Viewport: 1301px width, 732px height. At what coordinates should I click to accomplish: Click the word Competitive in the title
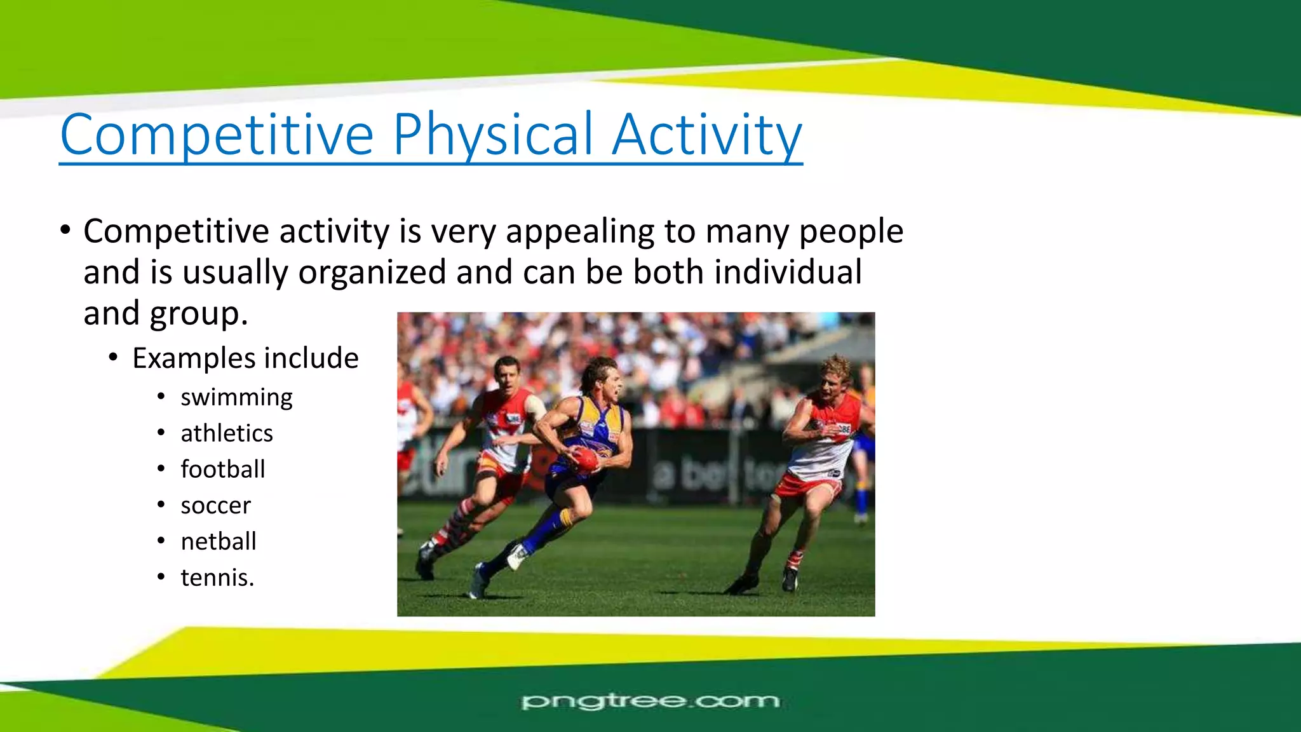[217, 135]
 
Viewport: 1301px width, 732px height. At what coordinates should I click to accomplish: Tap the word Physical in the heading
[493, 135]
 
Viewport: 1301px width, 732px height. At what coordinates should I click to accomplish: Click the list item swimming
[236, 398]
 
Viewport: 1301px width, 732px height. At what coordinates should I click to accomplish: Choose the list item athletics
[227, 433]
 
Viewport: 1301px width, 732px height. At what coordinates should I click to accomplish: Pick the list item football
[222, 470]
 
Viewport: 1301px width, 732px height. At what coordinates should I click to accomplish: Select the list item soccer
[215, 506]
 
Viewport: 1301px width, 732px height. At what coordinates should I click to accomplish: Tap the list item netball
[219, 542]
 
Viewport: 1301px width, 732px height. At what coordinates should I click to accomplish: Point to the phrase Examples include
[245, 358]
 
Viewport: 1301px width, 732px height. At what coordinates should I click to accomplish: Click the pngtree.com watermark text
[650, 701]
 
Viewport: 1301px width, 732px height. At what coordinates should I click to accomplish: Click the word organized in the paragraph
[372, 273]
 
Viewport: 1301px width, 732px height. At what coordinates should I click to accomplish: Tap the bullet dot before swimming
[161, 398]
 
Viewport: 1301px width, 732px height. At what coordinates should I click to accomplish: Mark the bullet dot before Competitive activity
[65, 230]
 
